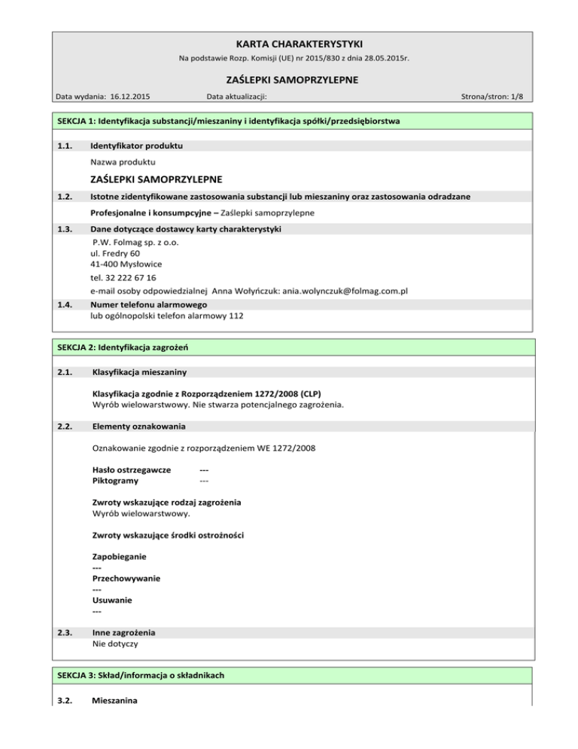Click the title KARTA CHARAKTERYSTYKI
point(289,44)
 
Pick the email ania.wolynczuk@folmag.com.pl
point(338,292)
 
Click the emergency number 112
point(236,316)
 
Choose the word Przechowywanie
point(126,578)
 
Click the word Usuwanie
point(110,600)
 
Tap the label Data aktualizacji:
point(237,96)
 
